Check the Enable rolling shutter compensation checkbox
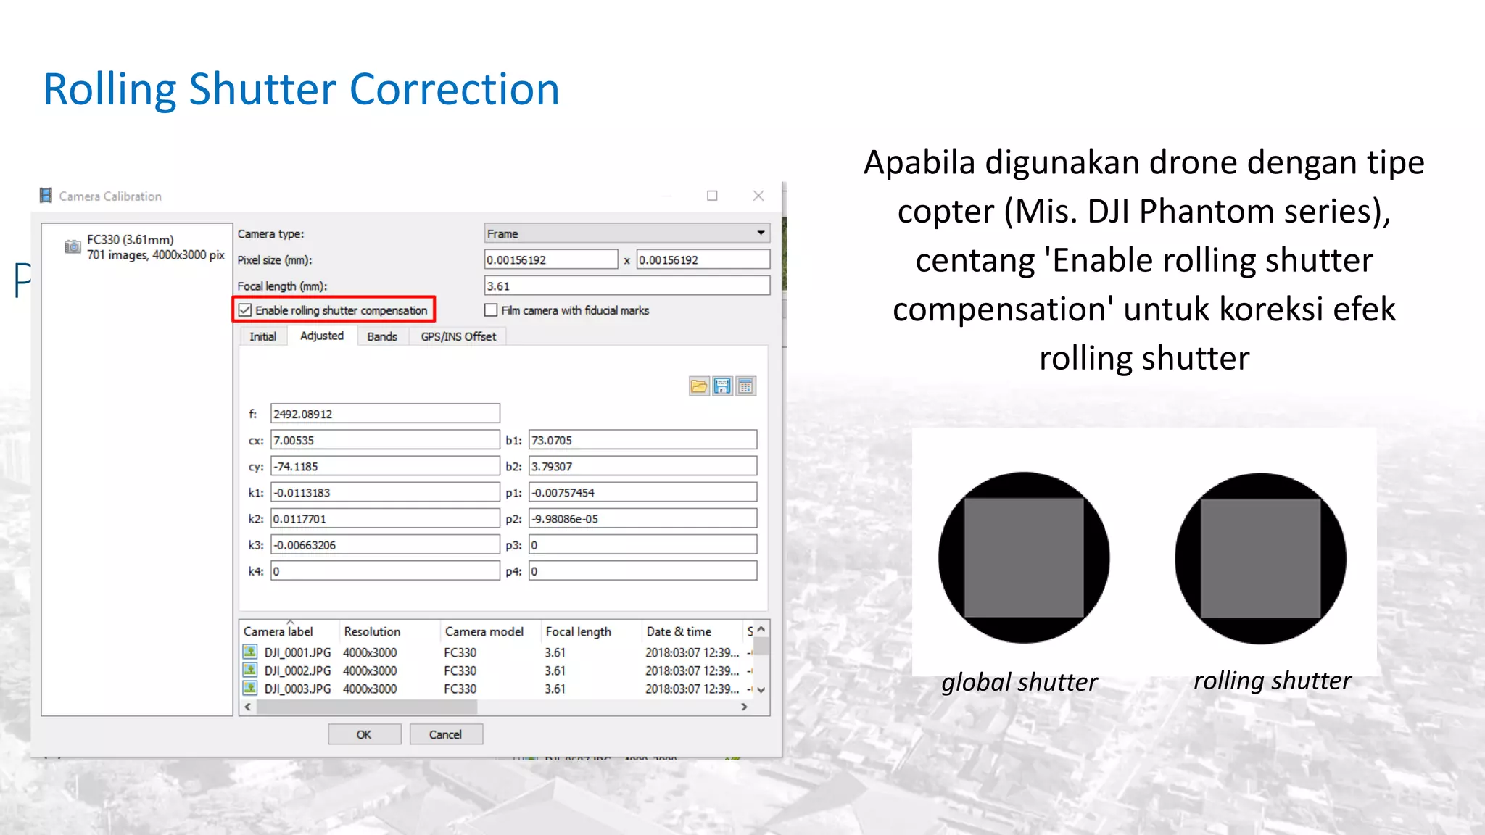pyautogui.click(x=245, y=310)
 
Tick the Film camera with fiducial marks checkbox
pyautogui.click(x=491, y=310)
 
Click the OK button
pyautogui.click(x=364, y=734)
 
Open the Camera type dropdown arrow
pyautogui.click(x=761, y=233)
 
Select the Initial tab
pyautogui.click(x=262, y=336)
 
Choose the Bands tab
pyautogui.click(x=382, y=336)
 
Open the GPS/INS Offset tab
pyautogui.click(x=458, y=336)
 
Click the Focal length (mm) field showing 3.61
pyautogui.click(x=626, y=286)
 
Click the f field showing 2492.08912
pyautogui.click(x=385, y=414)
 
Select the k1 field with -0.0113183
pyautogui.click(x=385, y=493)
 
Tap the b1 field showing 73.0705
pyautogui.click(x=642, y=440)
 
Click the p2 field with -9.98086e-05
pyautogui.click(x=642, y=519)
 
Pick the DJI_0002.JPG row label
pyautogui.click(x=297, y=670)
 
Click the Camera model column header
pyautogui.click(x=484, y=631)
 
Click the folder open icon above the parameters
pyautogui.click(x=699, y=386)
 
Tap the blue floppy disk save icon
pyautogui.click(x=722, y=386)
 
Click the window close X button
pyautogui.click(x=758, y=196)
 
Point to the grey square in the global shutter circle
pyautogui.click(x=1024, y=557)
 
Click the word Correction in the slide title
pyautogui.click(x=454, y=90)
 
